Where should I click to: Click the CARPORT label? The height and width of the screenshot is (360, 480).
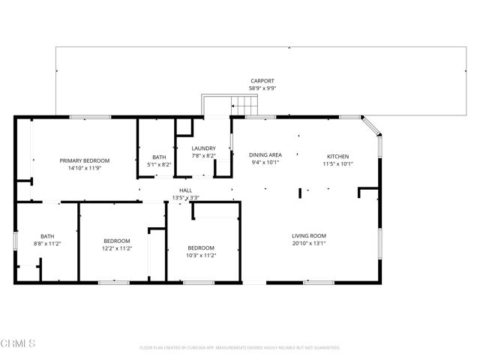click(x=262, y=80)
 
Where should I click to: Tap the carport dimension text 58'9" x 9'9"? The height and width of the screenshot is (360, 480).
click(x=262, y=88)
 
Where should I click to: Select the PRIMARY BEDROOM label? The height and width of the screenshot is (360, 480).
click(x=85, y=160)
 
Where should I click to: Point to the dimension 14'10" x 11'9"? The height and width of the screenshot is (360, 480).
click(x=85, y=168)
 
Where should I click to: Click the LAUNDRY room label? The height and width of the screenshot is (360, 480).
click(x=203, y=148)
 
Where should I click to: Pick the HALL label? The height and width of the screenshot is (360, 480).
click(x=185, y=190)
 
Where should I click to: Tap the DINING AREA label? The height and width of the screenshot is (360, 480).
click(x=265, y=154)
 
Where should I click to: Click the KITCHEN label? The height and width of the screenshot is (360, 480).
click(x=337, y=155)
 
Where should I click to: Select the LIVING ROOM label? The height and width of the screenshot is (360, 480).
click(x=309, y=236)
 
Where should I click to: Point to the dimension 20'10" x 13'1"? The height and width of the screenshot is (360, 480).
click(x=309, y=244)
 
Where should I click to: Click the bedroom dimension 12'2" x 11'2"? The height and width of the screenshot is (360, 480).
click(x=117, y=248)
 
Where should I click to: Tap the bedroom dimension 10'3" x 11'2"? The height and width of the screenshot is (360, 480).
click(x=201, y=255)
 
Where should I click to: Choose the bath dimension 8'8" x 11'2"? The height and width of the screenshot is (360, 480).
click(x=47, y=244)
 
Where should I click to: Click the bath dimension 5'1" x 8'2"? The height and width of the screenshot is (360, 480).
click(x=158, y=164)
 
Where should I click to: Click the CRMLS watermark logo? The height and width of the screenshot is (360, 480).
click(x=18, y=343)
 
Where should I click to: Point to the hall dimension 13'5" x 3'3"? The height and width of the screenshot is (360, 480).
click(x=185, y=198)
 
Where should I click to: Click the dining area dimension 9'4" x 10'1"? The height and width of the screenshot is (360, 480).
click(x=265, y=162)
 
